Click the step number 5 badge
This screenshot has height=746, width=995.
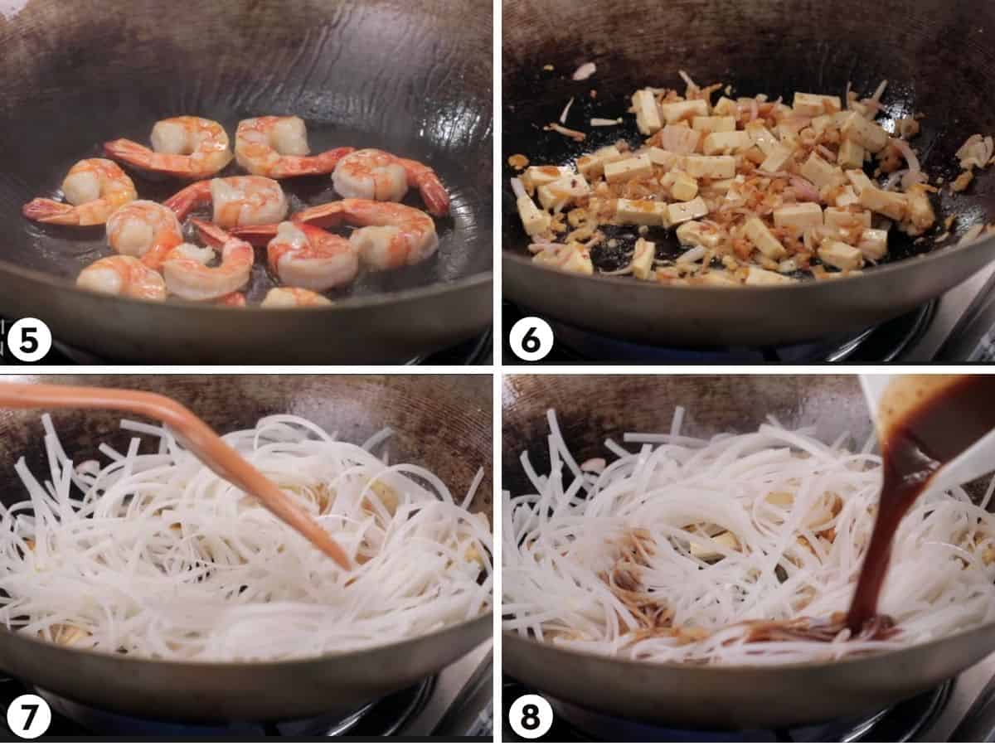29,341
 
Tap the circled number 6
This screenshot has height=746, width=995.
531,339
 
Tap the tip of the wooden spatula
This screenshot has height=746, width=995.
344,564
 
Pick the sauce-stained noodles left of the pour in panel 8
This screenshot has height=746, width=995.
638,580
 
